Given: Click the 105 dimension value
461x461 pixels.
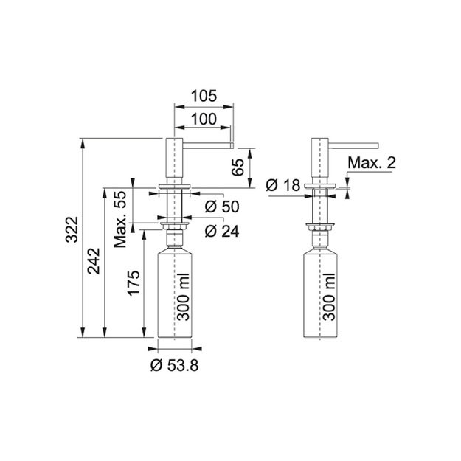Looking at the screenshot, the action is pyautogui.click(x=204, y=96).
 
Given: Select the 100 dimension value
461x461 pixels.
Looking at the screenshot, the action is pyautogui.click(x=204, y=119).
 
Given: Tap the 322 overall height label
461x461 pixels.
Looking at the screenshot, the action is pyautogui.click(x=72, y=229).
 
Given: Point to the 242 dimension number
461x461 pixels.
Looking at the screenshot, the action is pyautogui.click(x=94, y=261).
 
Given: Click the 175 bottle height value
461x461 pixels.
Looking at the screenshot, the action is pyautogui.click(x=134, y=283).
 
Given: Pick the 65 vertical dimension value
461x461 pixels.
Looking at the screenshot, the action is pyautogui.click(x=238, y=167).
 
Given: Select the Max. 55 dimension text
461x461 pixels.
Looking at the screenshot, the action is pyautogui.click(x=119, y=219).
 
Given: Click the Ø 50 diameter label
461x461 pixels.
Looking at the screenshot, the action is pyautogui.click(x=222, y=207).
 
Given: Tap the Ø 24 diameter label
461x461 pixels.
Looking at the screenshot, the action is pyautogui.click(x=222, y=232).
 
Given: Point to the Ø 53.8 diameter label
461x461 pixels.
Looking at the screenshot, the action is pyautogui.click(x=174, y=365).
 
